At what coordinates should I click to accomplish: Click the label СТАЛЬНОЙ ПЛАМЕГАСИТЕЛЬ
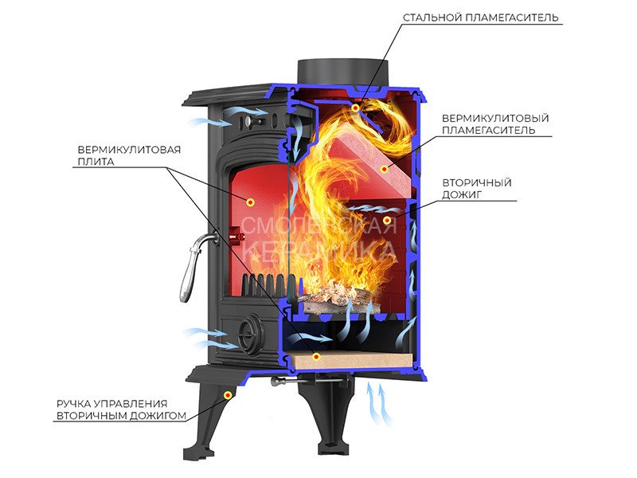[481, 17]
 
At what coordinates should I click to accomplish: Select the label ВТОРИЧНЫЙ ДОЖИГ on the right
[476, 188]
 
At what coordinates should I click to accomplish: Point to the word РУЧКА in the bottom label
[76, 403]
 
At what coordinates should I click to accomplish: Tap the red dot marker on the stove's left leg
[229, 394]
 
